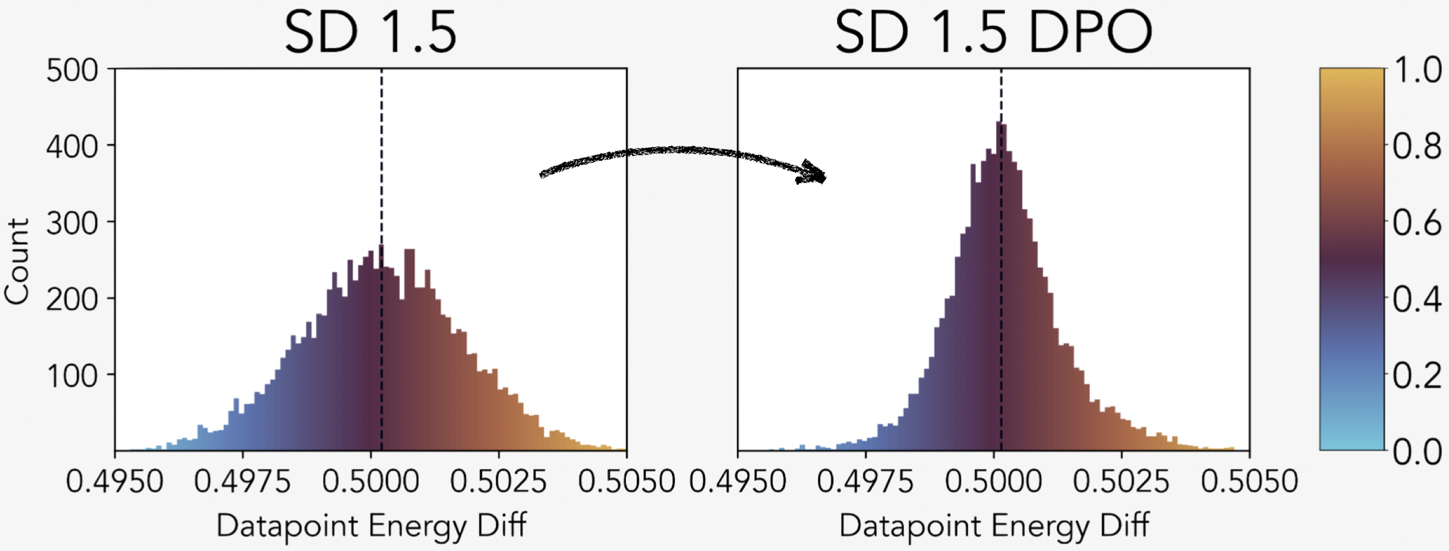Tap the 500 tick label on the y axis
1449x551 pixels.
[x=72, y=71]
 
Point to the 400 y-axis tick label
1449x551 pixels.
[x=72, y=147]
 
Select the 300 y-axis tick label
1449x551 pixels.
[x=72, y=223]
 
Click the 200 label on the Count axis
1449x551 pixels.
[x=72, y=299]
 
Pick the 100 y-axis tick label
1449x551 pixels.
[x=72, y=376]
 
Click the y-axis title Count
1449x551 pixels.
[x=17, y=261]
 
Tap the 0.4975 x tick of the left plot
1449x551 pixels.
[x=242, y=481]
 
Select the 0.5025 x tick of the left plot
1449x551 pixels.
[x=498, y=481]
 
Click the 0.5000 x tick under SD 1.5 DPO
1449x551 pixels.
[x=994, y=481]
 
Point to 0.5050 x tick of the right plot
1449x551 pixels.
[x=1249, y=481]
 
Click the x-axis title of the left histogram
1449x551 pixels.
[x=371, y=526]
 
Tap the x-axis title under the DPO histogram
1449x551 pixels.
[x=994, y=526]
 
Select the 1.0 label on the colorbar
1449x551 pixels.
[x=1417, y=70]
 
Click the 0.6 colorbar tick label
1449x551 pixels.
[x=1417, y=223]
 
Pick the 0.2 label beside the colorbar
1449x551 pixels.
[x=1417, y=376]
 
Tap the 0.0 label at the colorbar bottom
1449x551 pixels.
[x=1417, y=452]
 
